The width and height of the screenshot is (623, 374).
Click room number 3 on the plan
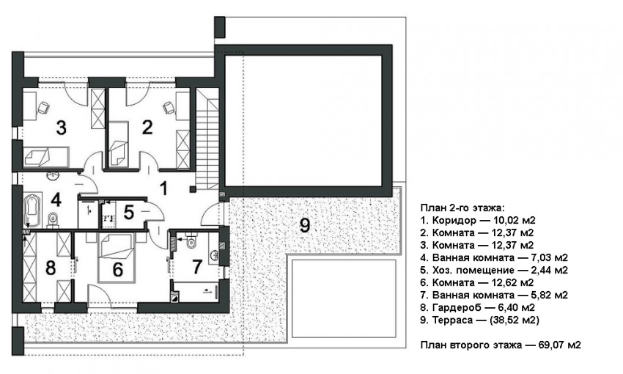coord(61,128)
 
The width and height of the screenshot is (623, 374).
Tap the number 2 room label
coord(147,128)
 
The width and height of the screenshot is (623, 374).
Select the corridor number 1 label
coord(163,188)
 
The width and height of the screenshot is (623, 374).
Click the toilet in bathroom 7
coord(191,241)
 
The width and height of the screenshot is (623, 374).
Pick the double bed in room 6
coord(117,257)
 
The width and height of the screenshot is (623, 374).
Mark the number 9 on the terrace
coord(305,225)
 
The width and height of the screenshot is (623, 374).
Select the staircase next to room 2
coord(207,139)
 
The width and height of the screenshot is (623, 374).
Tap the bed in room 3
coord(46,157)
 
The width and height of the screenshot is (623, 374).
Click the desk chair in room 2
coord(169,107)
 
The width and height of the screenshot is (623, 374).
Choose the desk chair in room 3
coord(43,107)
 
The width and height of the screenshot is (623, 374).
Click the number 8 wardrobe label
coord(51,268)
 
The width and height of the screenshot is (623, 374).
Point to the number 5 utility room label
coord(128,213)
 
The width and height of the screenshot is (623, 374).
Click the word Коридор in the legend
coord(454,220)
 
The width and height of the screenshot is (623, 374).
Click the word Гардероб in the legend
coord(457,307)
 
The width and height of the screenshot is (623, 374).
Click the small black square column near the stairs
coord(193,189)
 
